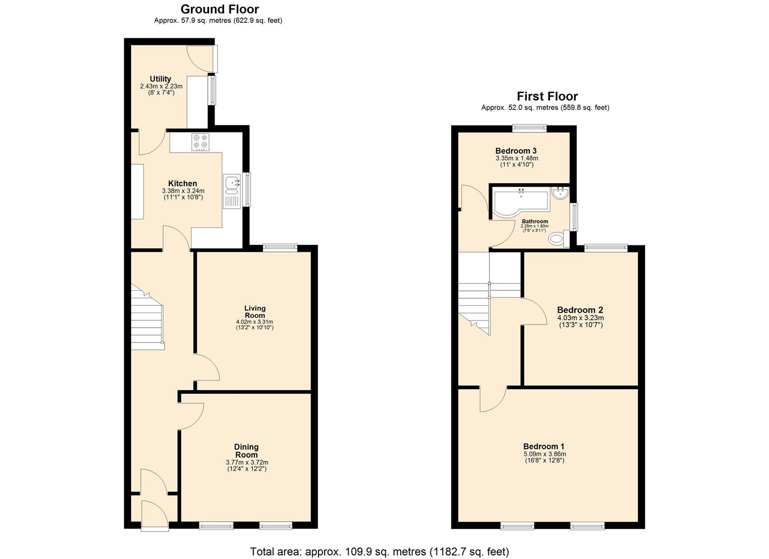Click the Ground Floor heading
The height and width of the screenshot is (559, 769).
(x=220, y=9)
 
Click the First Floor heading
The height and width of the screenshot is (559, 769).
(x=547, y=96)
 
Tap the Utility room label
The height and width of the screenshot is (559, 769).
(x=161, y=79)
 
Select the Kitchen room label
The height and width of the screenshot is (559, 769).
(x=182, y=184)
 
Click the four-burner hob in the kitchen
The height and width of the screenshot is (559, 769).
(x=200, y=142)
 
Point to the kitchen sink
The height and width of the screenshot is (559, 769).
(x=231, y=182)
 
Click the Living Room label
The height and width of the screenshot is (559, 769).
(x=254, y=312)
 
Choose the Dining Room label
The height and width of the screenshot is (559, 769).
(x=246, y=450)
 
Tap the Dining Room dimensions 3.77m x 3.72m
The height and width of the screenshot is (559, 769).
(x=246, y=462)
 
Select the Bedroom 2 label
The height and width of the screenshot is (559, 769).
(x=580, y=311)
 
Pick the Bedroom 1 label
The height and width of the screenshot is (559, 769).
(x=543, y=447)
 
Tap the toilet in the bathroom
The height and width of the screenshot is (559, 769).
(x=556, y=239)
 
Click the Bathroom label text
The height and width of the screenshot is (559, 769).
(x=534, y=222)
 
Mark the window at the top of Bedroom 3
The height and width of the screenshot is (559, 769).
(x=529, y=126)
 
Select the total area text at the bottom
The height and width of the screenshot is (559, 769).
(x=379, y=552)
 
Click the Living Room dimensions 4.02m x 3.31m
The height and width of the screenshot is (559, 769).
(x=254, y=321)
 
